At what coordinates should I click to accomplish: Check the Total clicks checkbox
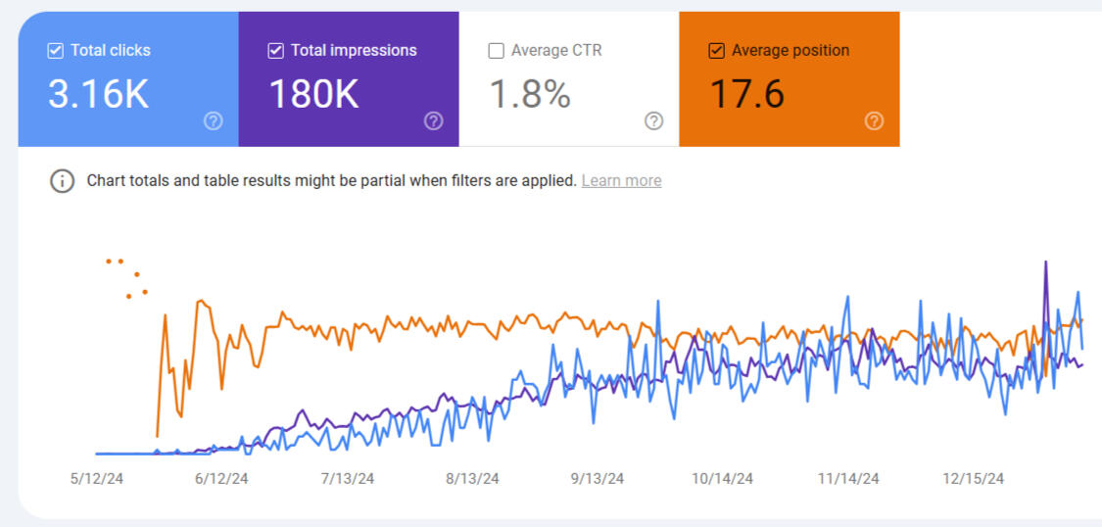[x=56, y=51]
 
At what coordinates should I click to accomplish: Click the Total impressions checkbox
[x=276, y=51]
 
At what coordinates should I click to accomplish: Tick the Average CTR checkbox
[x=497, y=51]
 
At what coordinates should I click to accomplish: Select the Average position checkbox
[x=717, y=51]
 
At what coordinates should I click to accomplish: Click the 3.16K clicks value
[x=98, y=94]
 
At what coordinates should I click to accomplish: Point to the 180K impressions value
[x=313, y=94]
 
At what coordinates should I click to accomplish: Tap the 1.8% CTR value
[x=530, y=94]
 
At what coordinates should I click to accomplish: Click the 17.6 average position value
[x=746, y=94]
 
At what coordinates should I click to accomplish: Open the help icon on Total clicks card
[x=214, y=120]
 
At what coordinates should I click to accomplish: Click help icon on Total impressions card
[x=434, y=120]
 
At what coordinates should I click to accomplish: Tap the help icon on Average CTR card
[x=654, y=120]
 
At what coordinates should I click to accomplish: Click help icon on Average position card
[x=875, y=120]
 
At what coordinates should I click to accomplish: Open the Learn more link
[x=621, y=180]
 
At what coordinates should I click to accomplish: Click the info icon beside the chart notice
[x=63, y=181]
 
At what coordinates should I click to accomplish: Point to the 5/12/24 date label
[x=96, y=478]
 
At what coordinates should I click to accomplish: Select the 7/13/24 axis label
[x=347, y=478]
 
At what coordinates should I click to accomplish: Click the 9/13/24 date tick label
[x=597, y=478]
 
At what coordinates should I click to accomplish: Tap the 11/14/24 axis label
[x=848, y=478]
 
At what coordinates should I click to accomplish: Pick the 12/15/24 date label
[x=974, y=478]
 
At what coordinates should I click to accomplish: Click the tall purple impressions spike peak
[x=1046, y=263]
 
